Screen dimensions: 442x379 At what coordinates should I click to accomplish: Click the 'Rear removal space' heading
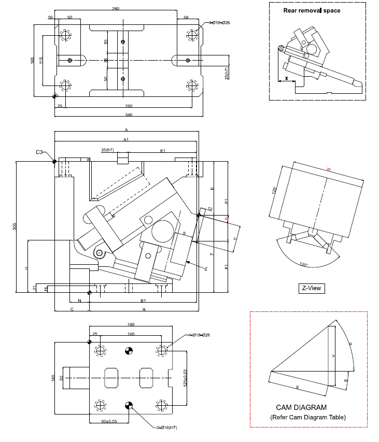click(x=312, y=10)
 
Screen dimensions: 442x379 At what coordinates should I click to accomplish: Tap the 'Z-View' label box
click(x=311, y=288)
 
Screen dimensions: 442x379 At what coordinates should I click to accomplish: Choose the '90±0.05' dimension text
click(x=109, y=421)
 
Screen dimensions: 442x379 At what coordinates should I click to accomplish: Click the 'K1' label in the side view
click(x=162, y=151)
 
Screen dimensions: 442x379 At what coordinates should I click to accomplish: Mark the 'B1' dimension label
click(x=143, y=301)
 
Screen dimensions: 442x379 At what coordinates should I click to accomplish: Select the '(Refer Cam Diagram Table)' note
click(x=308, y=417)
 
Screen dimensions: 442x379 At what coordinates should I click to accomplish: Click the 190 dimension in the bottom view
click(x=131, y=325)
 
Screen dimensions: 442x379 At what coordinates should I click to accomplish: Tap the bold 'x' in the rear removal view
click(x=287, y=79)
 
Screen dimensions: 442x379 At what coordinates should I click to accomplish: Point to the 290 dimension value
click(x=129, y=106)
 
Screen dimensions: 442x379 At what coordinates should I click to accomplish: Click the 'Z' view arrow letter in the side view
click(x=206, y=269)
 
